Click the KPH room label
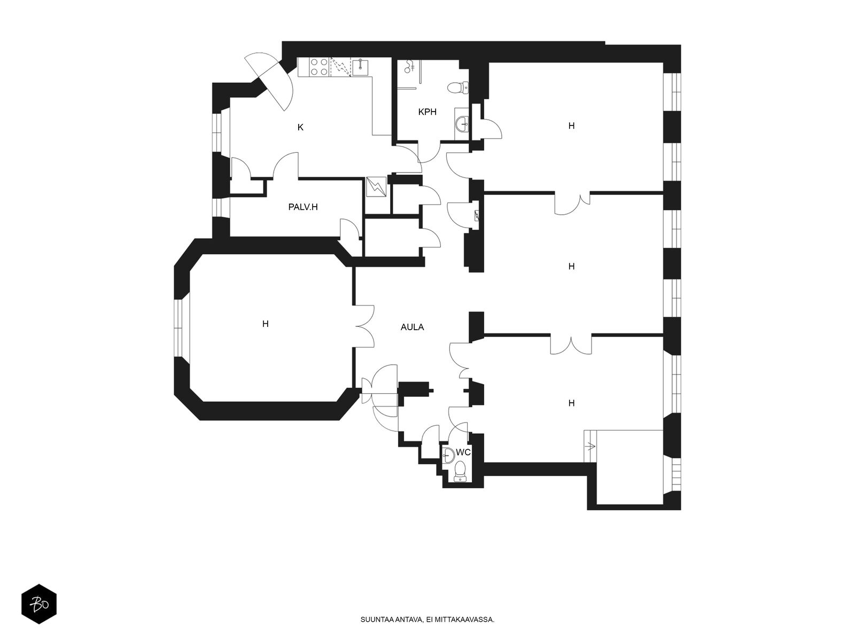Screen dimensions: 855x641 (427, 112)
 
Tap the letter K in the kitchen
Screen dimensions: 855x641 (300, 127)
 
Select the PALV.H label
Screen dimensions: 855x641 (302, 207)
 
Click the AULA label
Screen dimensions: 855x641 (412, 327)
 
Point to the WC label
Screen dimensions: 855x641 (463, 452)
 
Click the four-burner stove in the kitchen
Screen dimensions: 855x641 (318, 67)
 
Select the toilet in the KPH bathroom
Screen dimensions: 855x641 (458, 88)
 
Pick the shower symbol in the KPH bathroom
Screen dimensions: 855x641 (409, 66)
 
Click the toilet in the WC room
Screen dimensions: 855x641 (460, 471)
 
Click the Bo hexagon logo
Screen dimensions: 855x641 (39, 604)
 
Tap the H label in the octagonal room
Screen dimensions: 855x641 (265, 324)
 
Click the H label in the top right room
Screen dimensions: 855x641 (571, 126)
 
